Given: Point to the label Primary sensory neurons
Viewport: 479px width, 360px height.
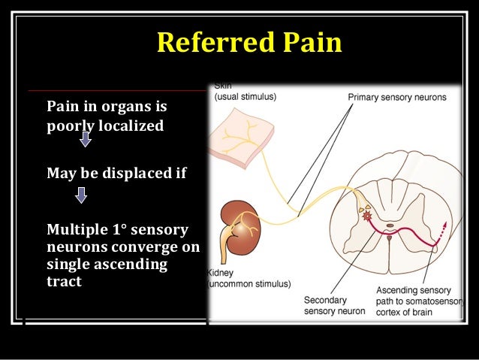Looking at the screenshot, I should (396, 98).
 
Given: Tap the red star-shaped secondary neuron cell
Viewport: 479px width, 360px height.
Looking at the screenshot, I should (367, 216).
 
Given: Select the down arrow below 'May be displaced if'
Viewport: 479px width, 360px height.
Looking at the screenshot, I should (81, 195).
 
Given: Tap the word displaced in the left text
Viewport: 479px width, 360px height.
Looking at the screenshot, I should (134, 174).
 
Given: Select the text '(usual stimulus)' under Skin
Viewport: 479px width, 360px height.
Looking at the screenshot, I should (246, 98).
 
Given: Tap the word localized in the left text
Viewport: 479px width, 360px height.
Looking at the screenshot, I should (131, 126).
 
